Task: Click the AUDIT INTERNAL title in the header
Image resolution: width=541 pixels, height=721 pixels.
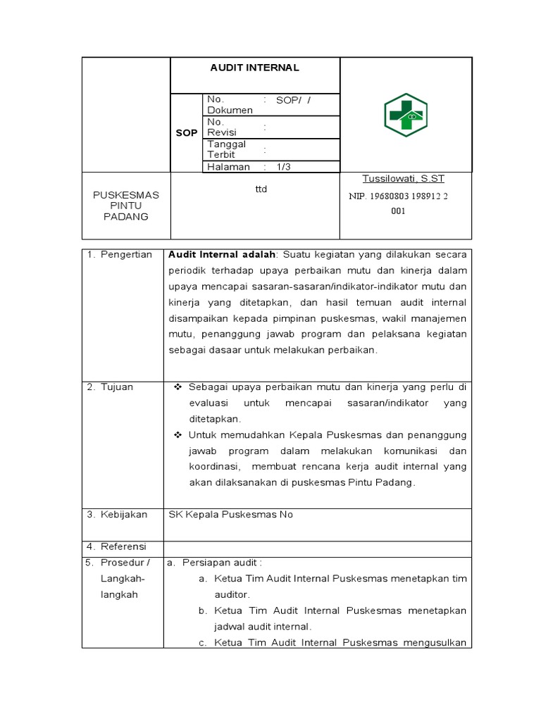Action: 254,68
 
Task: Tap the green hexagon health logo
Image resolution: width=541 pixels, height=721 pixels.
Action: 405,115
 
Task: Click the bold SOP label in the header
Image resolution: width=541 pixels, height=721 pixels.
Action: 187,132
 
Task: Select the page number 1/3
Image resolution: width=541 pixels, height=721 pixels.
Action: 283,167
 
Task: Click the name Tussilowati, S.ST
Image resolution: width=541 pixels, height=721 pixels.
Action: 403,179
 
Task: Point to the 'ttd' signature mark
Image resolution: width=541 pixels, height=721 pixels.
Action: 261,189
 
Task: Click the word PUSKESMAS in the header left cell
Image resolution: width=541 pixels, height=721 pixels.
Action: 126,195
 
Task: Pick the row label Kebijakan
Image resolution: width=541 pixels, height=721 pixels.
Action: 123,514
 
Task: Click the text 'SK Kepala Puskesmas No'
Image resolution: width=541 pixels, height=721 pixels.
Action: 230,514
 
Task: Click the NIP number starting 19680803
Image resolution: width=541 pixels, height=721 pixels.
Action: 398,196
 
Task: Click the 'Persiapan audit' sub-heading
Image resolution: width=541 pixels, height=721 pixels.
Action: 221,562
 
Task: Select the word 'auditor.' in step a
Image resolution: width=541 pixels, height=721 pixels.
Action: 232,594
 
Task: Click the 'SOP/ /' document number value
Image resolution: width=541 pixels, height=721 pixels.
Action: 293,100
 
